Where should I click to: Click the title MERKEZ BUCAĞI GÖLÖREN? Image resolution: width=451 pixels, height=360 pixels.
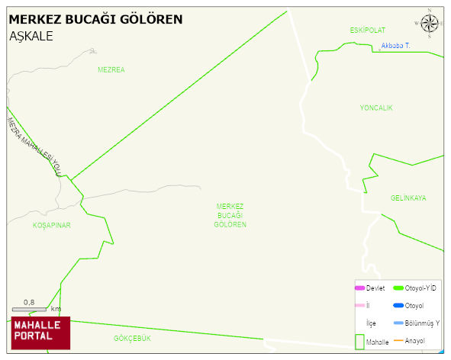click(95, 19)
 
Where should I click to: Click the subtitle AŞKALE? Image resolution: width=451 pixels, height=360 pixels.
click(31, 36)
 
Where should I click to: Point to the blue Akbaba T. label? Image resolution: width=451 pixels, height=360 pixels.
click(395, 47)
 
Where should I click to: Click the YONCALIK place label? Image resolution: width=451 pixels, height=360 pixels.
click(376, 108)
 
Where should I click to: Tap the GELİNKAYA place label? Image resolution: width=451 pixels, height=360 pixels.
click(408, 198)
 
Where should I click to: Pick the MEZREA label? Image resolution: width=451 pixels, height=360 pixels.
click(111, 69)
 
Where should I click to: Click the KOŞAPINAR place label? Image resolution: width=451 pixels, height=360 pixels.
click(51, 226)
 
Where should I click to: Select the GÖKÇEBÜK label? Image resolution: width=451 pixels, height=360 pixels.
click(133, 338)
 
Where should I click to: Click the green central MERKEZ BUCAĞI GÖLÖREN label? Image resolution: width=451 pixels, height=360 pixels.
click(230, 215)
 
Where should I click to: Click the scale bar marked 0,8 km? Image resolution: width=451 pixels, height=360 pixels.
click(31, 308)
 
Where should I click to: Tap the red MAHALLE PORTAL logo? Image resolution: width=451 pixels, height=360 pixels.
click(40, 332)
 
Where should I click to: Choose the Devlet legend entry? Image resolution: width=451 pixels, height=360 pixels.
click(370, 288)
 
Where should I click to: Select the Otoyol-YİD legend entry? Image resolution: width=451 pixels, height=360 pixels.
click(415, 288)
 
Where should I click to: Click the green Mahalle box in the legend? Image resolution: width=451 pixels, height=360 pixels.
click(359, 342)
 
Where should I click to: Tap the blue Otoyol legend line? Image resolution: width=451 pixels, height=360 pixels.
click(398, 306)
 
